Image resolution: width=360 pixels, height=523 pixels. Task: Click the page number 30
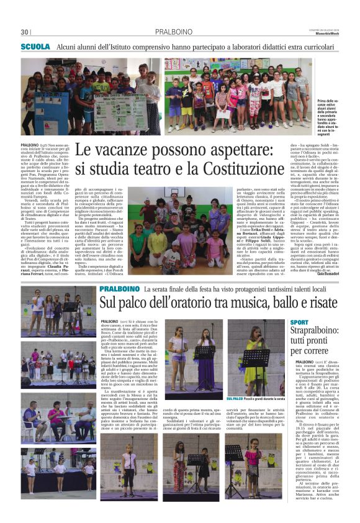tap(25, 32)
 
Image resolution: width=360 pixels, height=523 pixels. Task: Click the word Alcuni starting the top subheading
tap(66, 47)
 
